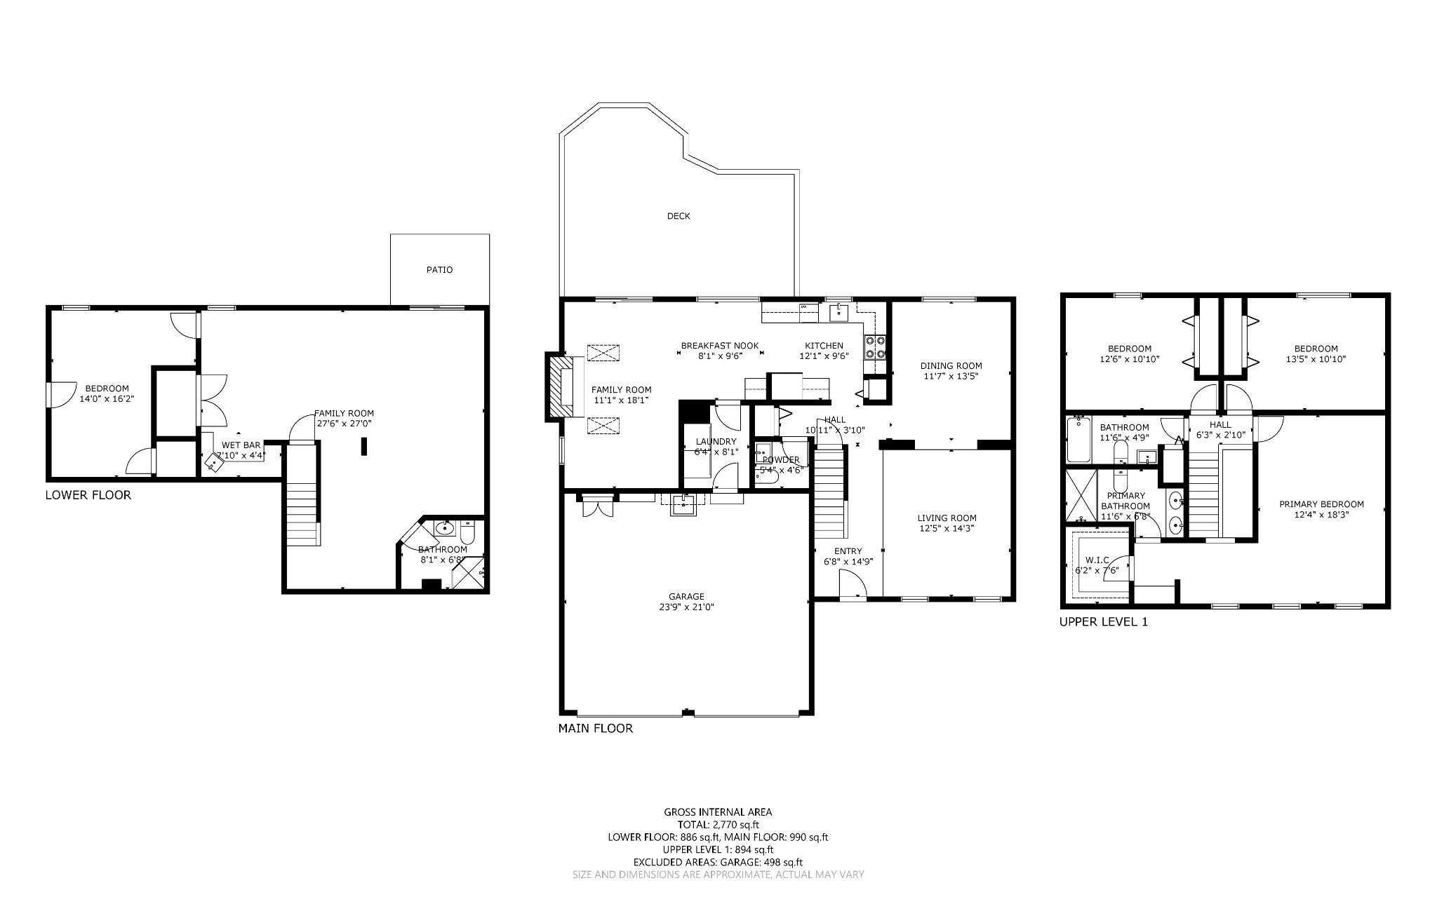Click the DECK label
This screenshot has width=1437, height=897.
(x=678, y=216)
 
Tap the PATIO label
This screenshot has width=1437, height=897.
(x=439, y=269)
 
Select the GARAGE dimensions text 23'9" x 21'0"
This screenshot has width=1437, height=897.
(x=686, y=607)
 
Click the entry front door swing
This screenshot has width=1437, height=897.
(x=852, y=583)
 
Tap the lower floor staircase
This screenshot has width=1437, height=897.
(x=302, y=499)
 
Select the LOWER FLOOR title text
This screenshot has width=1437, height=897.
(x=88, y=495)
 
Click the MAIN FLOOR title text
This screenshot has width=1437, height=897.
(x=595, y=729)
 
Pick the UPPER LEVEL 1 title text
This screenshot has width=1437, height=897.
(x=1103, y=621)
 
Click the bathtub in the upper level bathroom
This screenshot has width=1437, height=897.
(x=1078, y=440)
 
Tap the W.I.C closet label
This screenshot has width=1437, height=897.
(x=1096, y=560)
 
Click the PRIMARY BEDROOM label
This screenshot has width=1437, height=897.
(x=1321, y=504)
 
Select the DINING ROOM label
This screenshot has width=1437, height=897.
(x=951, y=365)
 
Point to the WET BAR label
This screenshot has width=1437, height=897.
(x=241, y=445)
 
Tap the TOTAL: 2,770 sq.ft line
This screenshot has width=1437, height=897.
(x=718, y=825)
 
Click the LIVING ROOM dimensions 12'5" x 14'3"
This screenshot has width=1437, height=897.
(x=947, y=528)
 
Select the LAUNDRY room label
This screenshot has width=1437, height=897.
(x=716, y=441)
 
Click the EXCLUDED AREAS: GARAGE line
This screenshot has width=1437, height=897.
(x=718, y=863)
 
